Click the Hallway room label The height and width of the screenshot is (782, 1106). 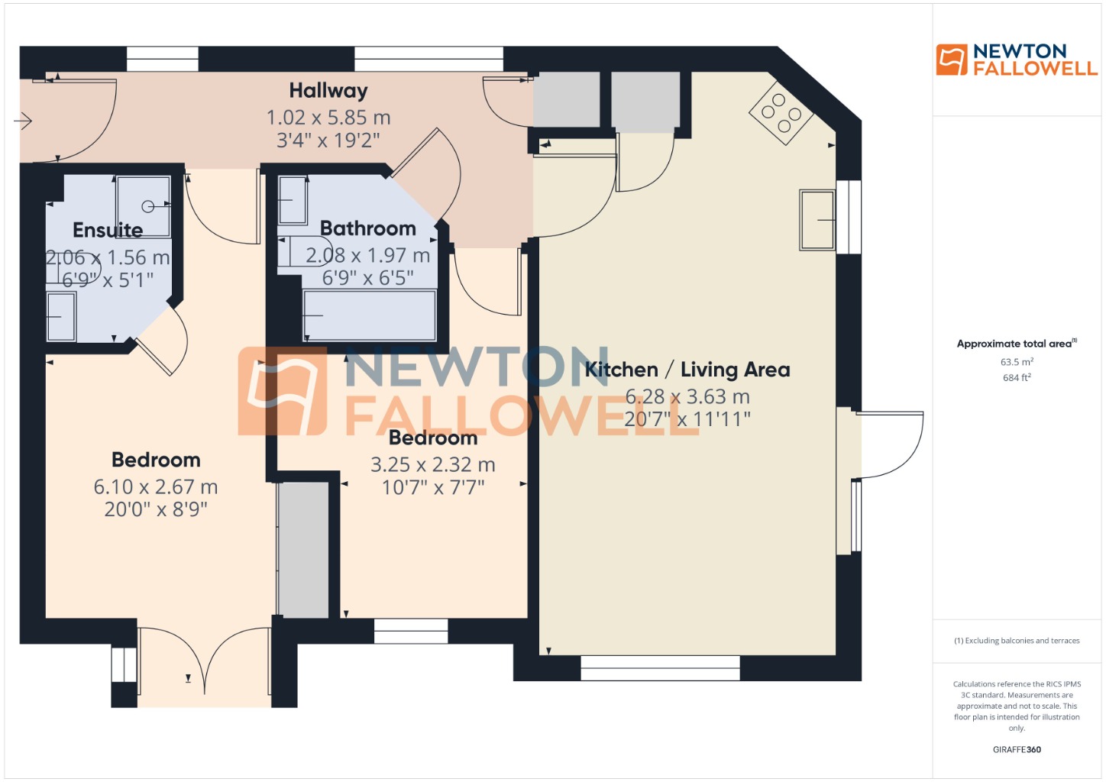328,91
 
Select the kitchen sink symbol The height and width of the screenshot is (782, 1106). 817,220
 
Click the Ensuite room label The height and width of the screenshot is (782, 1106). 108,230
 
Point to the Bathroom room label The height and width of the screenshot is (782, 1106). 368,228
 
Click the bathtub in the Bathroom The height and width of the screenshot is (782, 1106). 370,315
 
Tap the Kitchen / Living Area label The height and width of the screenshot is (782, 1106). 687,370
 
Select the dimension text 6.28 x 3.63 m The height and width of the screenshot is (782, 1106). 687,396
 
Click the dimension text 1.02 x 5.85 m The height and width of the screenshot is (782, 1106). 328,118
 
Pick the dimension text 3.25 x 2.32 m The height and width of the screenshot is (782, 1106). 433,464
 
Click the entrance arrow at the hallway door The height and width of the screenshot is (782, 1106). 23,121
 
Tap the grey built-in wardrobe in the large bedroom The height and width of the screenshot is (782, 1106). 303,549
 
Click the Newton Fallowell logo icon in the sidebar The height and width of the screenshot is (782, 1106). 952,60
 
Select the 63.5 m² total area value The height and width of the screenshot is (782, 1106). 1017,362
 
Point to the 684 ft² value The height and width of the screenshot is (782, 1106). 1017,377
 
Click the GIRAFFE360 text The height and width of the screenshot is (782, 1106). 1017,749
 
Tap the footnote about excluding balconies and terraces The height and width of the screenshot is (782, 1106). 1017,641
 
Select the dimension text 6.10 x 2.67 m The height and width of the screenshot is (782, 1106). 156,486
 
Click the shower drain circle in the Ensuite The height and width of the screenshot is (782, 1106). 148,206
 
